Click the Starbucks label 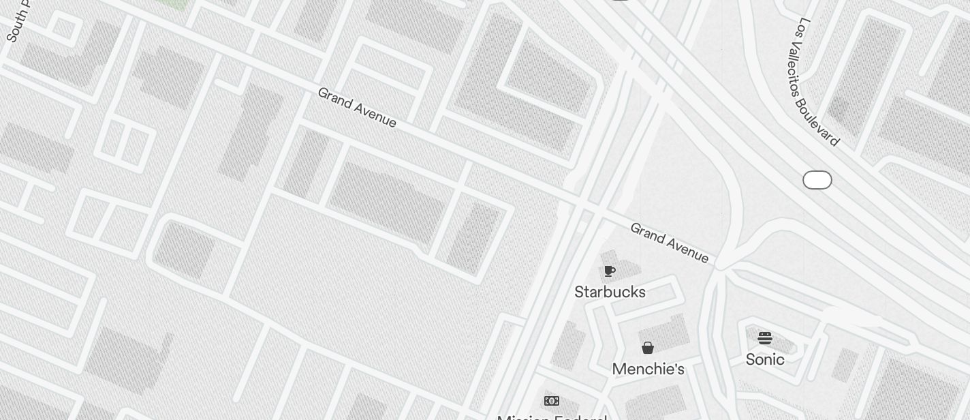click(610, 292)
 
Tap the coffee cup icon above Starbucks click(610, 271)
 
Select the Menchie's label click(648, 369)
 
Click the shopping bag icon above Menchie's click(648, 348)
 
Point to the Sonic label click(765, 359)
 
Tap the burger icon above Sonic click(765, 337)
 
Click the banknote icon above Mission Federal click(552, 401)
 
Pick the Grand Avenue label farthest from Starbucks click(357, 107)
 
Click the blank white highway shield click(817, 180)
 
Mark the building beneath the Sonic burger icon click(783, 341)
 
